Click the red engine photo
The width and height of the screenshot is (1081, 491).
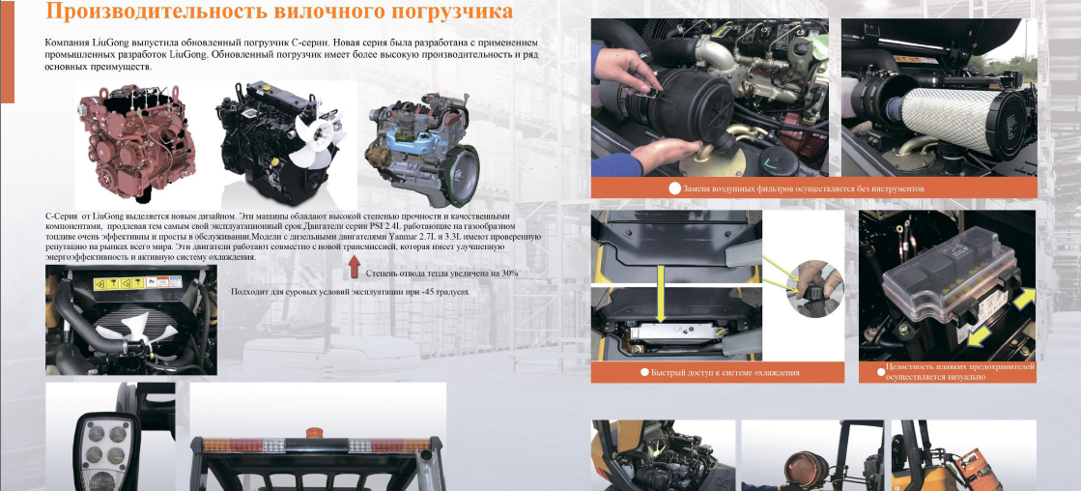[137, 141]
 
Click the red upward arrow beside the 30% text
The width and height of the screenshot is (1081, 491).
[355, 266]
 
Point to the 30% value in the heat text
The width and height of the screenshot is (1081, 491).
[509, 274]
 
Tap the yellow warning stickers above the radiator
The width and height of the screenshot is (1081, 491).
[137, 282]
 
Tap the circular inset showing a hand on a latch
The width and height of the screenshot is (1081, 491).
[814, 288]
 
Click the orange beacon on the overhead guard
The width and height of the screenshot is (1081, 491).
[314, 433]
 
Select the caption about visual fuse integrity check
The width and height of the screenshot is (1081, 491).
[959, 372]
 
